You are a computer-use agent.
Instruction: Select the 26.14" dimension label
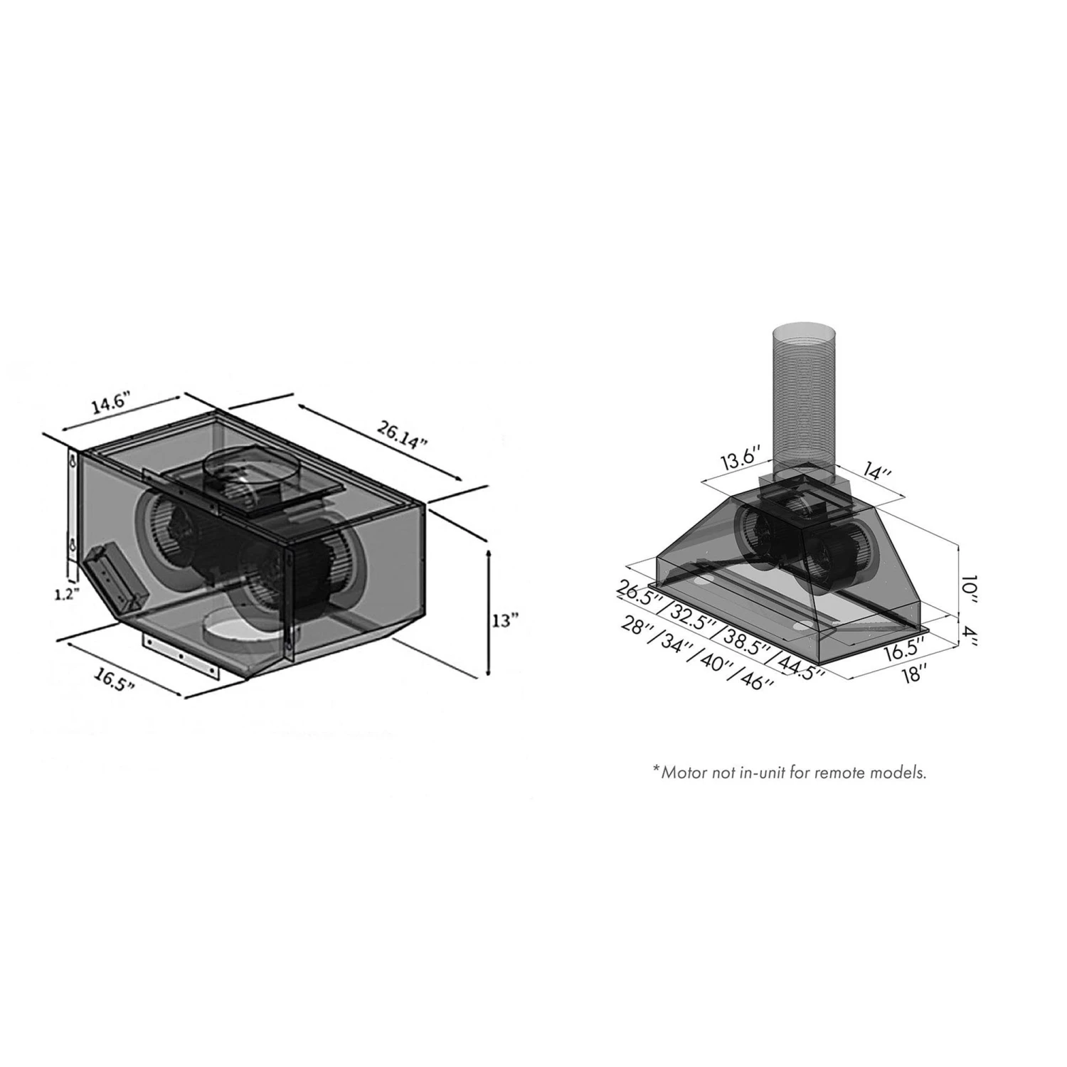[x=402, y=432]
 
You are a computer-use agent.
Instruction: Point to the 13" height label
[x=506, y=620]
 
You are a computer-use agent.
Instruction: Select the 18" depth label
[x=912, y=672]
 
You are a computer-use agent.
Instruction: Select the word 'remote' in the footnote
[x=849, y=773]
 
